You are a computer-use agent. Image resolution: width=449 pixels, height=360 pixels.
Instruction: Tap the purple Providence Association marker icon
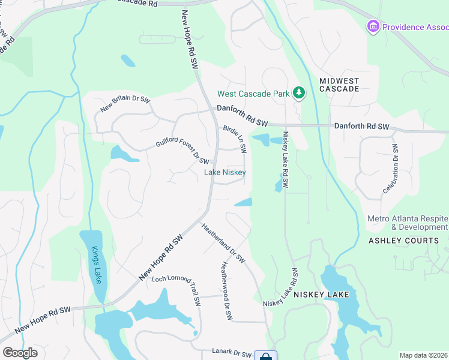pyautogui.click(x=373, y=26)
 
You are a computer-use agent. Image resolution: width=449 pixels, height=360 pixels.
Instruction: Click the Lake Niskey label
pyautogui.click(x=225, y=172)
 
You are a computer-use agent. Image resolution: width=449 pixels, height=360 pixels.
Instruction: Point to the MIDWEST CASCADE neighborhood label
pyautogui.click(x=339, y=85)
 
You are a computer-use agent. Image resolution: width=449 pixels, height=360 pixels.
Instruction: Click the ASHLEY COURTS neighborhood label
pyautogui.click(x=403, y=241)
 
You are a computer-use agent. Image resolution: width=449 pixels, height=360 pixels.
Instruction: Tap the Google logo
pyautogui.click(x=20, y=353)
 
